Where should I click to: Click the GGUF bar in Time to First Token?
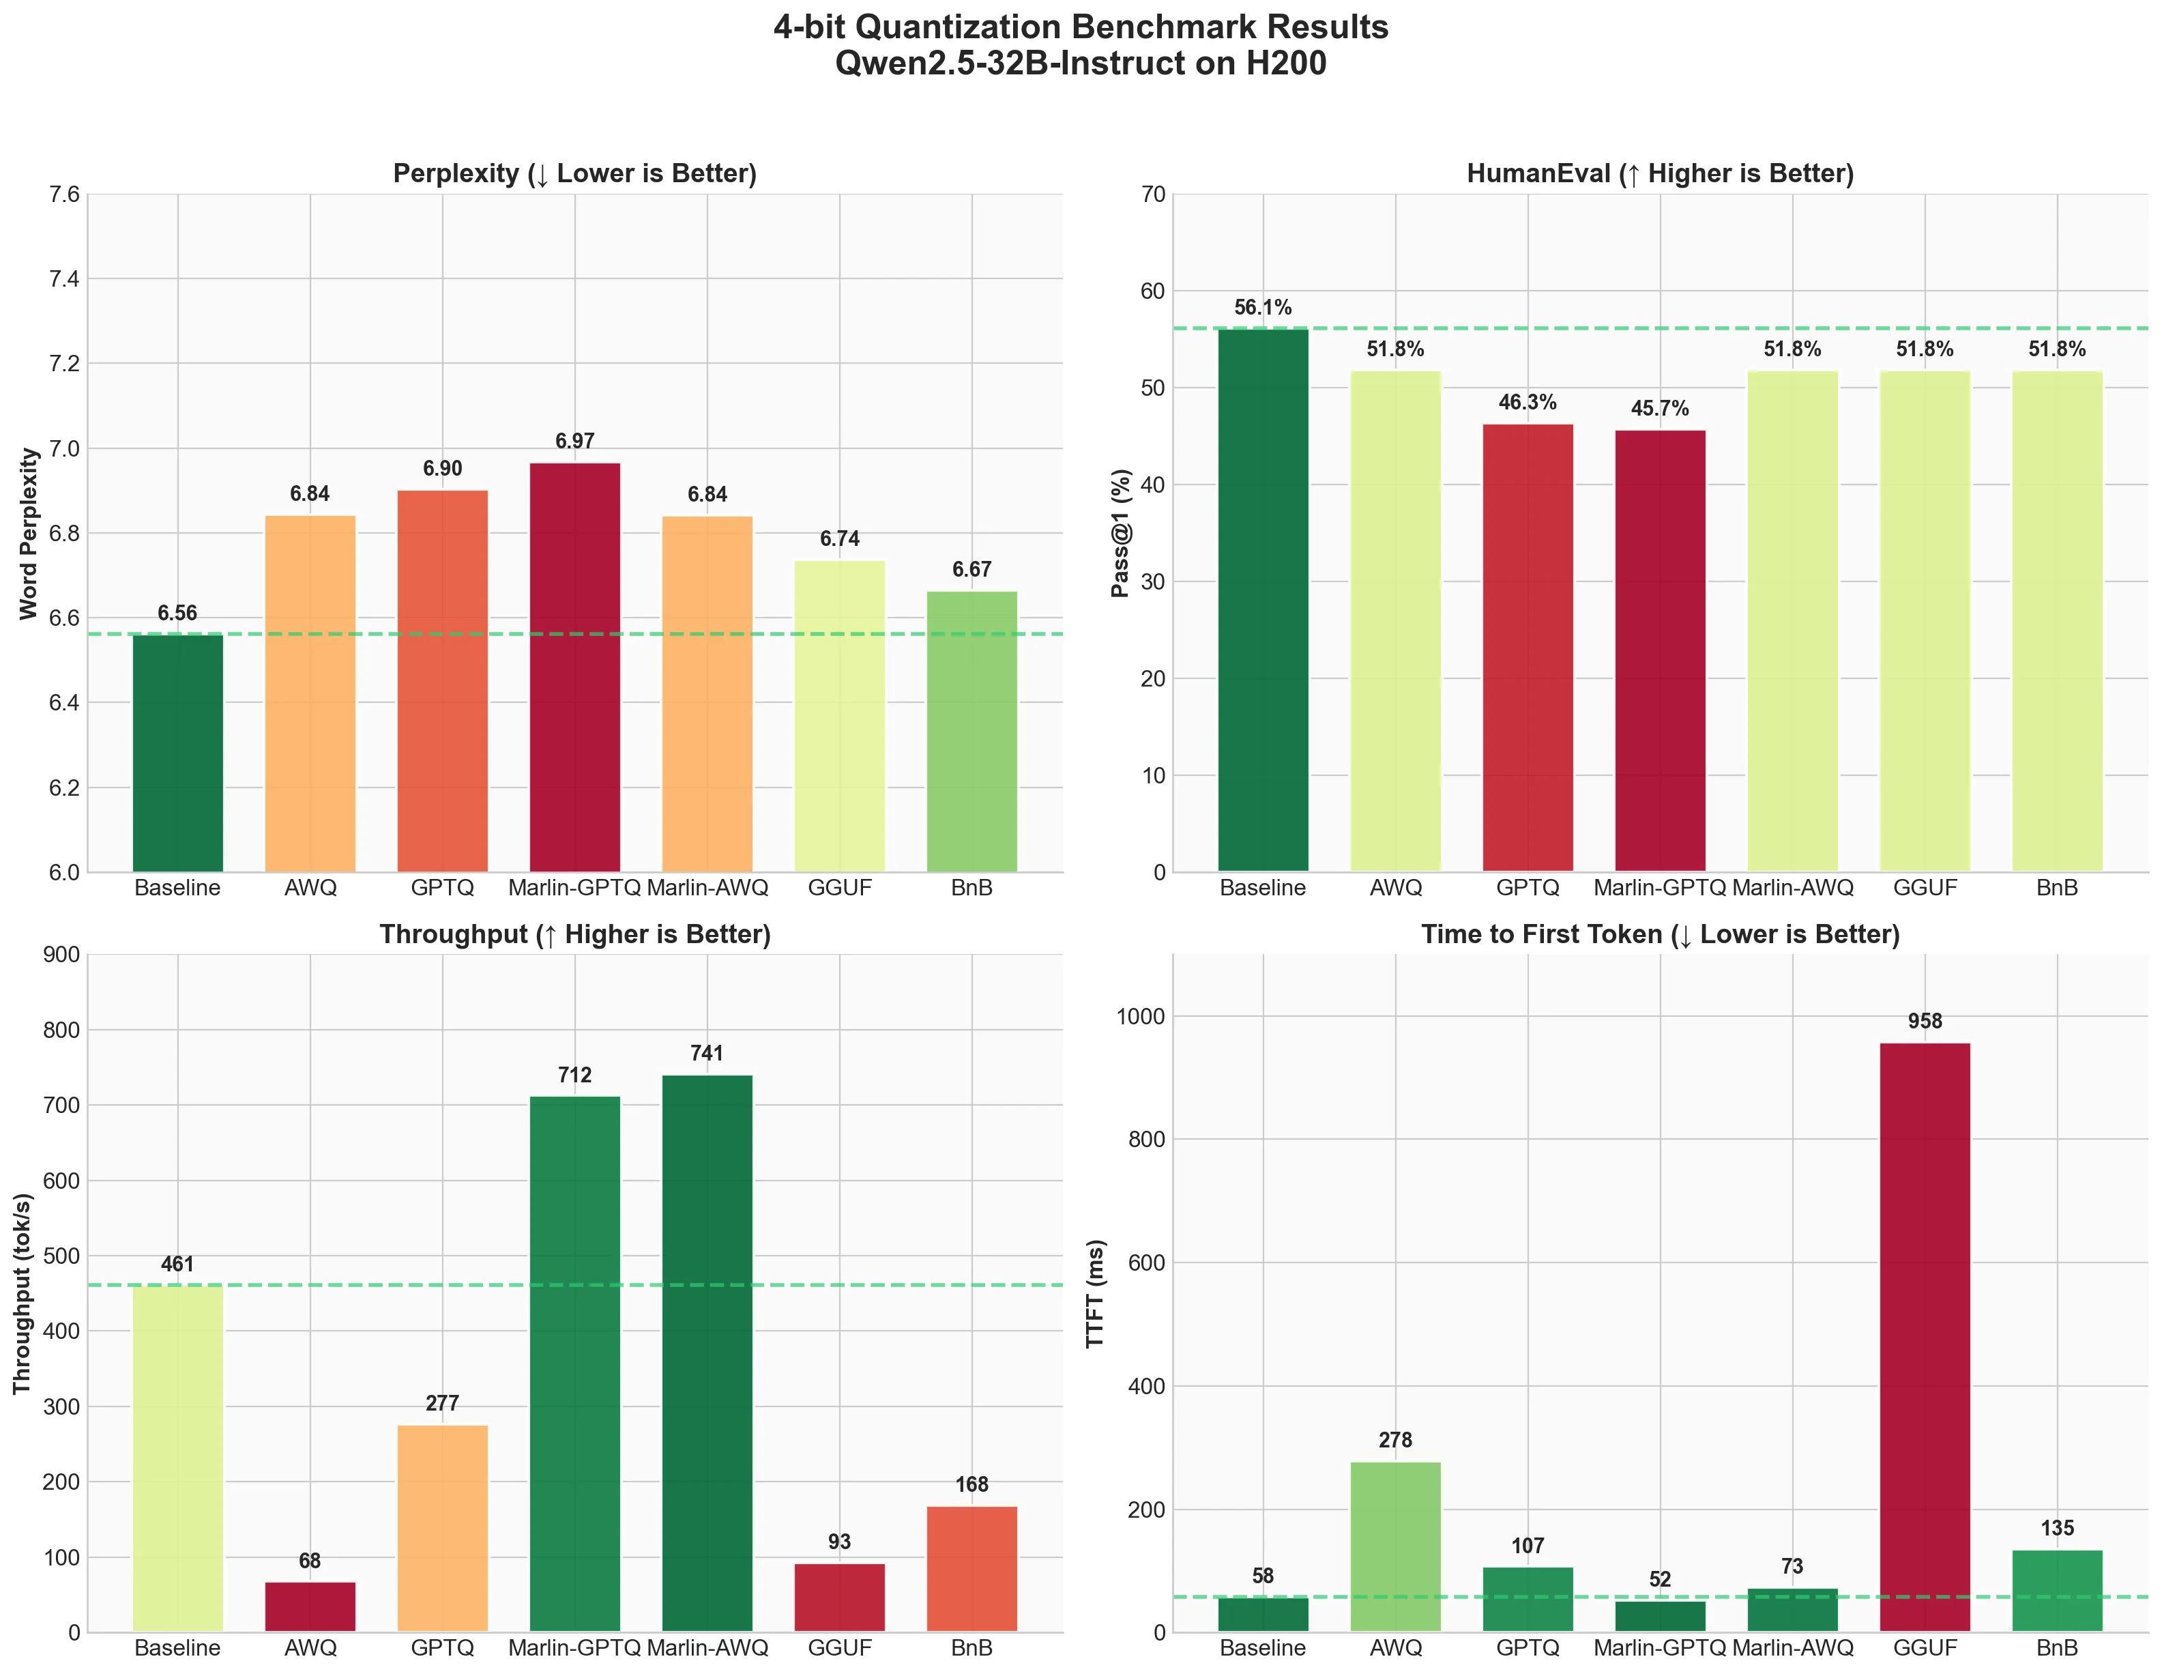tap(1925, 1336)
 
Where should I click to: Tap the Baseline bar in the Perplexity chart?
tap(178, 752)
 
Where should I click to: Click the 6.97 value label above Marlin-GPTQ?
tap(575, 442)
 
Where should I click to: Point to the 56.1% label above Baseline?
tap(1262, 308)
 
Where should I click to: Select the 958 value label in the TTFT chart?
tap(1925, 1022)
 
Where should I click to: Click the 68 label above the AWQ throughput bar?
tap(310, 1561)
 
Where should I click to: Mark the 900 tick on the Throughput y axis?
tap(61, 955)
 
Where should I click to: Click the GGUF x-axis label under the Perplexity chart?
tap(839, 888)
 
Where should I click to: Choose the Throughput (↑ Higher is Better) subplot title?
tap(575, 934)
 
